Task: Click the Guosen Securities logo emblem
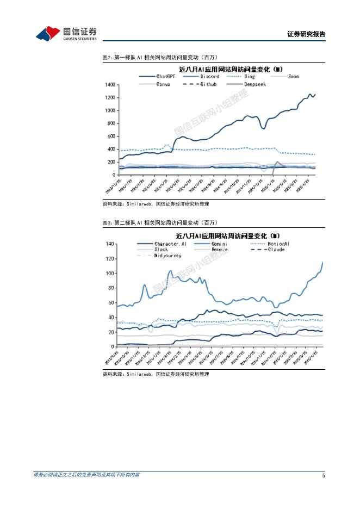pyautogui.click(x=48, y=34)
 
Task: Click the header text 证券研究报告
pyautogui.click(x=306, y=34)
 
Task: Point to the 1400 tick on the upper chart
pyautogui.click(x=110, y=85)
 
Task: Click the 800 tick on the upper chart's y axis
pyautogui.click(x=111, y=123)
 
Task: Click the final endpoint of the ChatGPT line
pyautogui.click(x=315, y=94)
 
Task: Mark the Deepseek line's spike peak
pyautogui.click(x=277, y=162)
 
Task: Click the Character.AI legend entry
pyautogui.click(x=170, y=244)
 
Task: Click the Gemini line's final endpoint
pyautogui.click(x=322, y=262)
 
